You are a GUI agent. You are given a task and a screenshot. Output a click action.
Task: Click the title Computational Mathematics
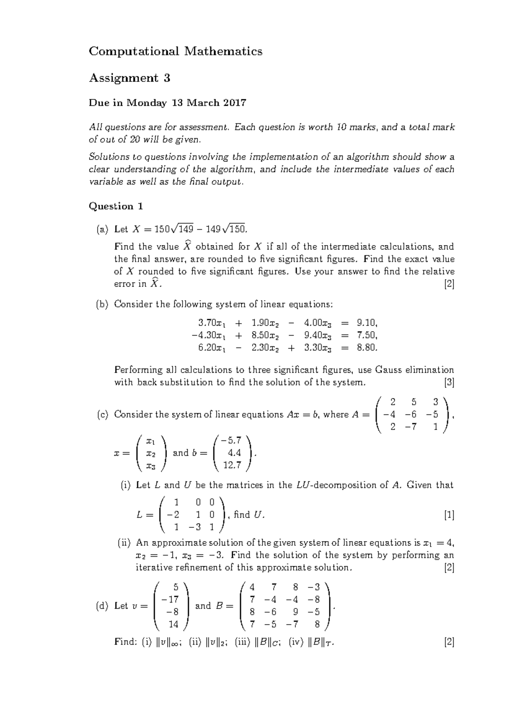click(175, 52)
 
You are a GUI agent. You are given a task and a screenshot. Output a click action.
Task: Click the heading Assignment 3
click(129, 78)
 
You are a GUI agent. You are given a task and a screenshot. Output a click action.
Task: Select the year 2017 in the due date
click(233, 103)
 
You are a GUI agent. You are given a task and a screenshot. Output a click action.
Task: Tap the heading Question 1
click(116, 206)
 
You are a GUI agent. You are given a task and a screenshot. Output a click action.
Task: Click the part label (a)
click(102, 229)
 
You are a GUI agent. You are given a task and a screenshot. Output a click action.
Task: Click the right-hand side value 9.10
click(367, 323)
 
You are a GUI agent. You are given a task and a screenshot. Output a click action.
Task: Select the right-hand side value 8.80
click(367, 348)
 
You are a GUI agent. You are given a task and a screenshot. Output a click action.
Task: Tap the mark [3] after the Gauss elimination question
click(449, 382)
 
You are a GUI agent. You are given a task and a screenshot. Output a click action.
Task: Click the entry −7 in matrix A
click(411, 426)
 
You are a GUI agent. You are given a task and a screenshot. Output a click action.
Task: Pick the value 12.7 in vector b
click(232, 465)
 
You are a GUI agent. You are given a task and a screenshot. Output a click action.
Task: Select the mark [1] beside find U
click(449, 515)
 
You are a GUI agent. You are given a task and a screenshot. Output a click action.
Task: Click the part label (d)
click(102, 606)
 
